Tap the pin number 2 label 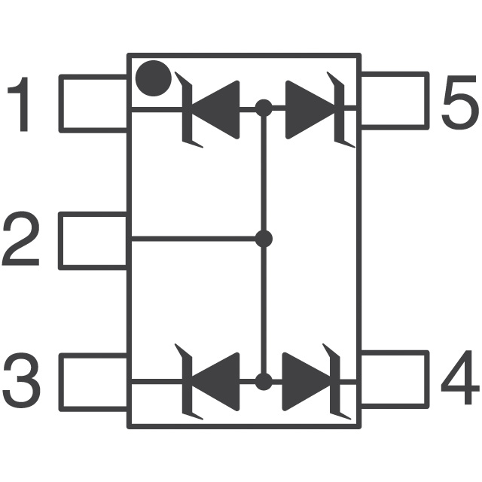pos(21,241)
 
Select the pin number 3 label pos(21,380)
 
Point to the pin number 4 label pos(459,380)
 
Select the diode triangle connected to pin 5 pos(309,109)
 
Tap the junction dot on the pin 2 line pos(263,239)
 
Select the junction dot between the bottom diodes pos(263,381)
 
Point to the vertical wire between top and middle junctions pos(264,173)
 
